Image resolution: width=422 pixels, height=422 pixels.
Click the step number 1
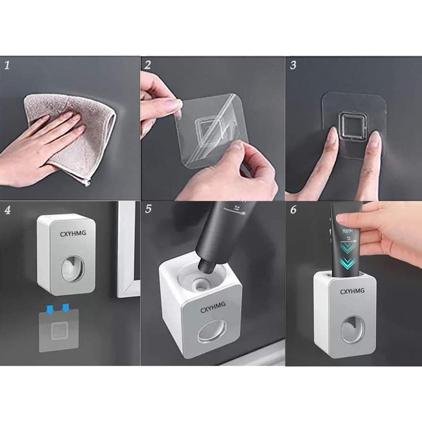coord(7,65)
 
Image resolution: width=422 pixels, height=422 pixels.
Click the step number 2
coord(147,65)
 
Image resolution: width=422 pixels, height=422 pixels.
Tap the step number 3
coord(293,65)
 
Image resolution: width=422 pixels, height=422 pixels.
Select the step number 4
coord(7,210)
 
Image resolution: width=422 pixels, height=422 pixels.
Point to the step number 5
coord(148,209)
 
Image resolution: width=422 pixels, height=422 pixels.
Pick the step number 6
coord(293,210)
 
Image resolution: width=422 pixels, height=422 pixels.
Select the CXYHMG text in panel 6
coord(352,291)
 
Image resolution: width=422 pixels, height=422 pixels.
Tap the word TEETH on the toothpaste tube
coord(347,232)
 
